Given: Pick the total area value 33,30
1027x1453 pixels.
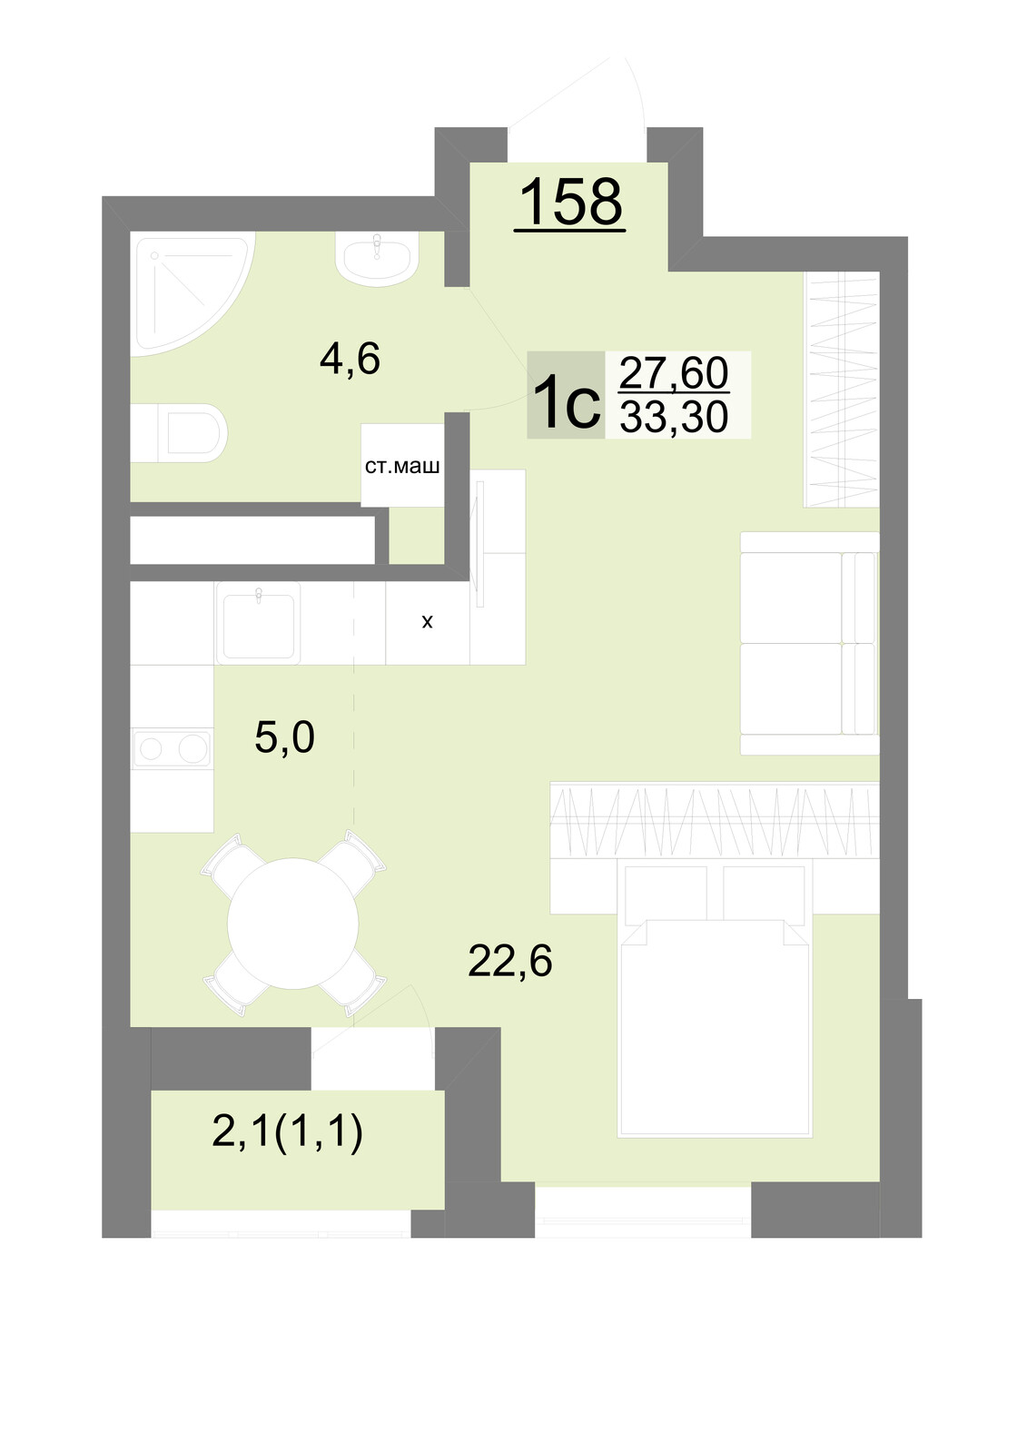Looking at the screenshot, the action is (x=674, y=417).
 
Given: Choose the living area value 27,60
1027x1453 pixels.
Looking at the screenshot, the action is (x=674, y=373).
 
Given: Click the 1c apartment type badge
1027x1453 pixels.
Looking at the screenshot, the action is (x=566, y=395).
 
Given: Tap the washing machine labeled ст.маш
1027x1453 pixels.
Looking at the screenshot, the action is (x=402, y=465).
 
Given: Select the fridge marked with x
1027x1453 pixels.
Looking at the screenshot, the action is (x=428, y=622).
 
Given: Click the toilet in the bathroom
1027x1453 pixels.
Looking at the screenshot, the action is (x=178, y=432).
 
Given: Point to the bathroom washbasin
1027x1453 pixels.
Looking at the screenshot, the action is (x=377, y=259).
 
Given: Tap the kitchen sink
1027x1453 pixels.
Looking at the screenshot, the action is (x=258, y=623).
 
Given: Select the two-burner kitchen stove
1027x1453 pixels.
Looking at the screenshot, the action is (x=173, y=748).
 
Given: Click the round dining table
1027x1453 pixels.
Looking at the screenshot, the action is (x=293, y=923).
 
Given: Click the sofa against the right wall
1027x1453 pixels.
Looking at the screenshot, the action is (x=810, y=643).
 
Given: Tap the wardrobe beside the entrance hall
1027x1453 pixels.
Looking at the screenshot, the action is (x=842, y=390).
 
